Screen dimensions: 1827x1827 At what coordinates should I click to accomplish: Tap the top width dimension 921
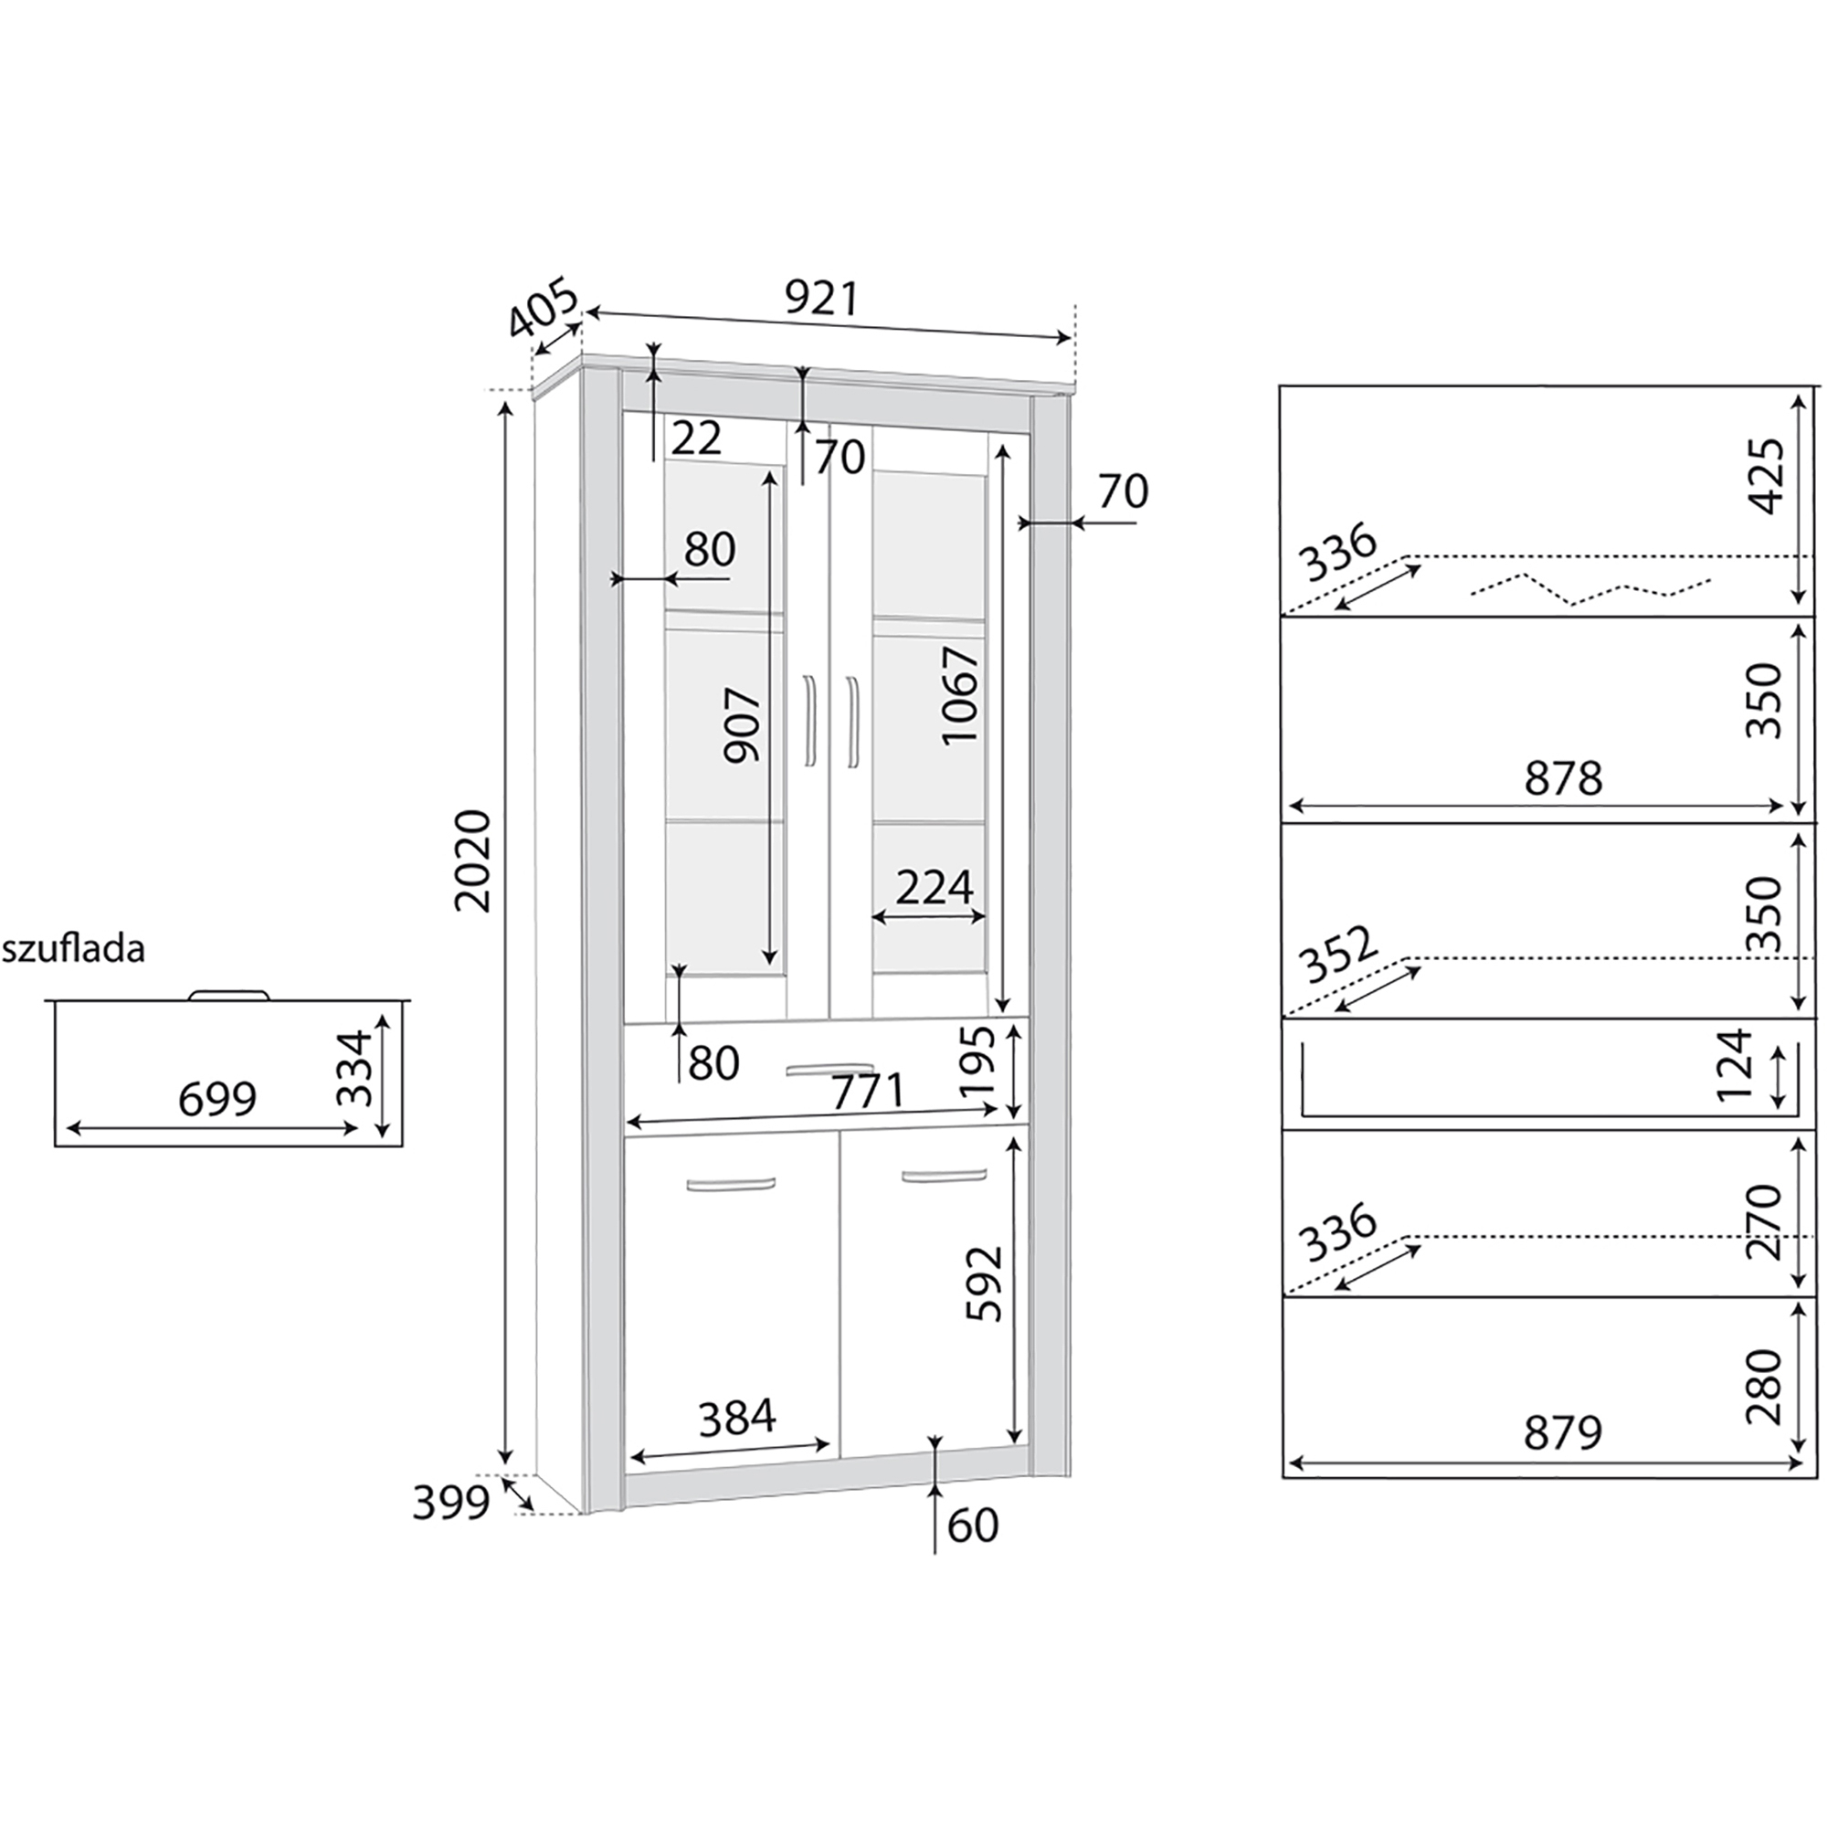tap(822, 298)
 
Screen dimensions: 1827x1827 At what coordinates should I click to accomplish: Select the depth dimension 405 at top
tap(542, 307)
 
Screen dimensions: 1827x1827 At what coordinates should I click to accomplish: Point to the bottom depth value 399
tap(451, 1502)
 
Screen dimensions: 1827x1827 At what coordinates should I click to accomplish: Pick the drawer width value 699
tap(217, 1099)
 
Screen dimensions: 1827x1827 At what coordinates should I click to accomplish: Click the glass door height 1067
tap(962, 695)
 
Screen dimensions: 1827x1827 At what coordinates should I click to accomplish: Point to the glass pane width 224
tap(935, 887)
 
